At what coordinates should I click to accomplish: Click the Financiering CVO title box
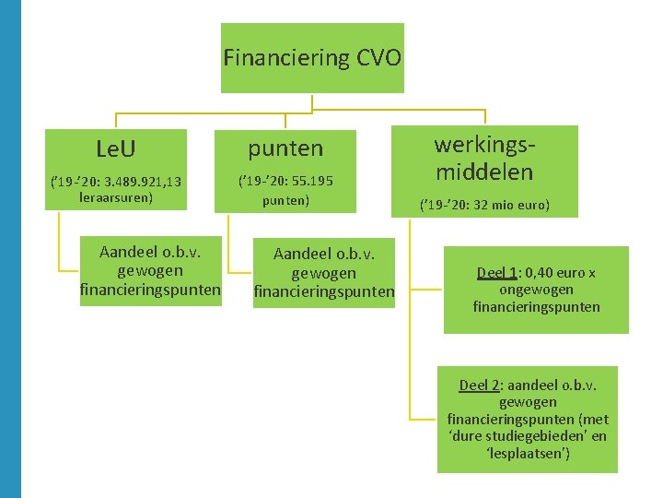coord(312,58)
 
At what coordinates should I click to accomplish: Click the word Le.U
coord(117,148)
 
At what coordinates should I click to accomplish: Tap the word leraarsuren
coord(116,197)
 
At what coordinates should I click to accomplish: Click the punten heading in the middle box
coord(285,148)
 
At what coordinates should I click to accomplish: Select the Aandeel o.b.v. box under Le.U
coord(150,270)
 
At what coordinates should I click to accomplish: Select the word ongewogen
coord(536,290)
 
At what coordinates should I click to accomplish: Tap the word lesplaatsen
coord(527,453)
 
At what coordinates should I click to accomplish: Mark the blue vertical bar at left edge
coord(10,249)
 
